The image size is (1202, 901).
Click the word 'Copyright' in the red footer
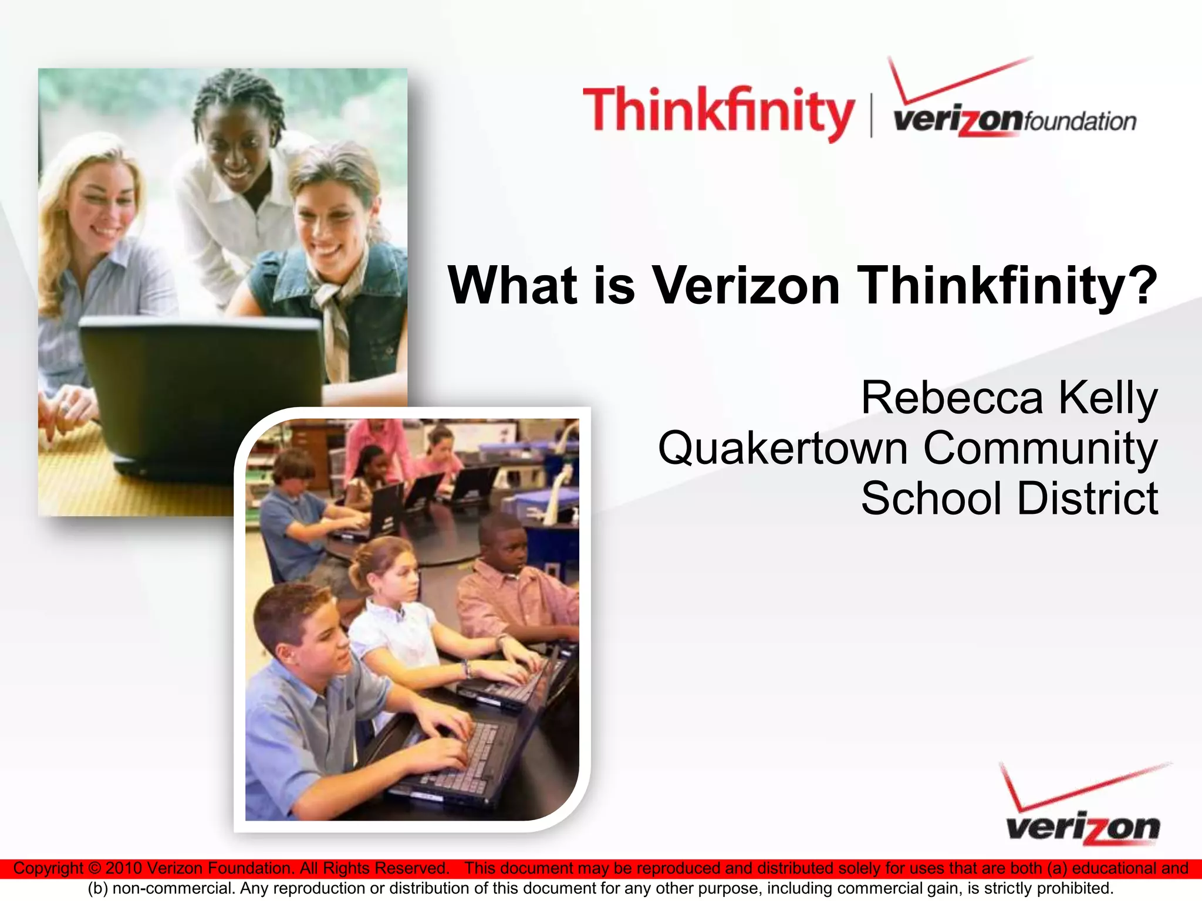(48, 868)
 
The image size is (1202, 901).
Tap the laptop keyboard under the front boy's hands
(464, 757)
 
